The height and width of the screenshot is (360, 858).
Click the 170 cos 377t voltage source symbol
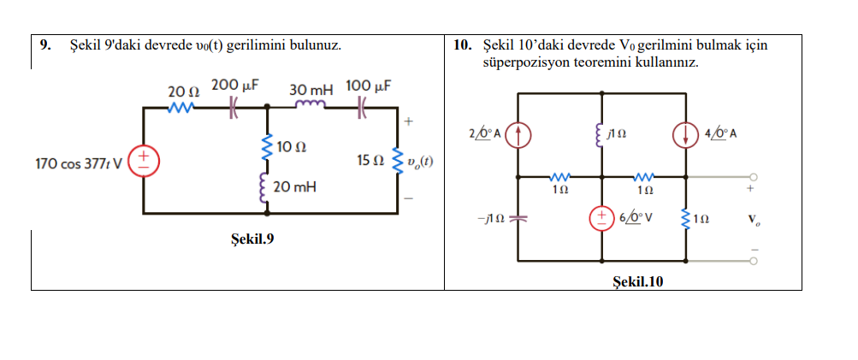[143, 160]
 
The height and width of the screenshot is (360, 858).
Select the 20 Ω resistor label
[181, 91]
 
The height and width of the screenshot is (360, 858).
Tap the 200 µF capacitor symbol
[232, 108]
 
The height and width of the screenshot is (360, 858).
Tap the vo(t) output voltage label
[420, 161]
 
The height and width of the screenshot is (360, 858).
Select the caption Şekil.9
[253, 238]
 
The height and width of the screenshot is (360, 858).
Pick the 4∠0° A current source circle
[685, 133]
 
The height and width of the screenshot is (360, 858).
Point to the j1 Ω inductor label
[618, 134]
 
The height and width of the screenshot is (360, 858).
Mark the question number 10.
[461, 44]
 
